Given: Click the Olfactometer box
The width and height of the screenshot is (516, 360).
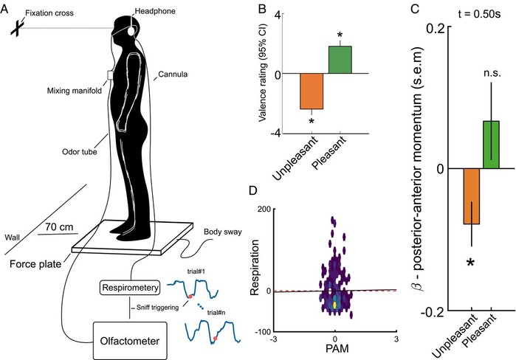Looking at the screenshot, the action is pyautogui.click(x=130, y=341).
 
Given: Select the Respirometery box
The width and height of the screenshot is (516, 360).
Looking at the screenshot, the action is pyautogui.click(x=130, y=288).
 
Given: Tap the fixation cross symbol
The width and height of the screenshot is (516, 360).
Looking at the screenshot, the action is pyautogui.click(x=16, y=28).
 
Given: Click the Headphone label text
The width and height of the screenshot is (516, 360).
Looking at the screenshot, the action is pyautogui.click(x=155, y=11).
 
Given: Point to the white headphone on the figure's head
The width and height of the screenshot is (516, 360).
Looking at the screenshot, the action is pyautogui.click(x=131, y=31).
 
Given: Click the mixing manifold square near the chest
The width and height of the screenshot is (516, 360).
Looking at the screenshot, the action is pyautogui.click(x=110, y=75).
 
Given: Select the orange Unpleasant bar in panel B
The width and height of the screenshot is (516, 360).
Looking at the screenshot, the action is pyautogui.click(x=312, y=91).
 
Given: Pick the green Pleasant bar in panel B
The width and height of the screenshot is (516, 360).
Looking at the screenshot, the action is pyautogui.click(x=340, y=60).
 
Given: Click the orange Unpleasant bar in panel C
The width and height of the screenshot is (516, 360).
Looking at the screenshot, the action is pyautogui.click(x=472, y=196).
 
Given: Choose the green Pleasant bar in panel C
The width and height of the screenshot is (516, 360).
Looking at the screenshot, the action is pyautogui.click(x=491, y=145).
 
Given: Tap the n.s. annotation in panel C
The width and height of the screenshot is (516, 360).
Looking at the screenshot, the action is pyautogui.click(x=492, y=73).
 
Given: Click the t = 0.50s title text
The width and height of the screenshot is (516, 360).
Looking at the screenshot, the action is pyautogui.click(x=480, y=15).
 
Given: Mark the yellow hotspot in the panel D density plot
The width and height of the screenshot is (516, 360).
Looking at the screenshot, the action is pyautogui.click(x=335, y=305).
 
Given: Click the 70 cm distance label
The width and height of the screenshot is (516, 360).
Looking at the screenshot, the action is pyautogui.click(x=59, y=227).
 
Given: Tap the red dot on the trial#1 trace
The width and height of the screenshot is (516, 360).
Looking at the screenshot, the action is pyautogui.click(x=190, y=297).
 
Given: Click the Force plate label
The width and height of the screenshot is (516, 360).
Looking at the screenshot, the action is pyautogui.click(x=35, y=264).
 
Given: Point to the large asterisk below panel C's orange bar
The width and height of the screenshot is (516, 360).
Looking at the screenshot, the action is pyautogui.click(x=471, y=262).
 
